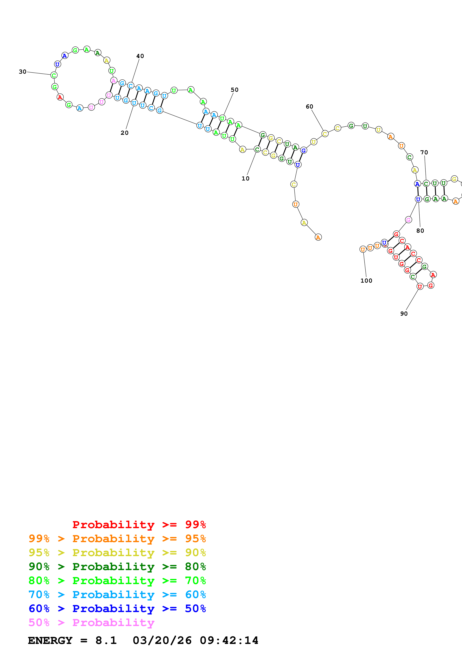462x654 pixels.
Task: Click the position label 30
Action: click(23, 72)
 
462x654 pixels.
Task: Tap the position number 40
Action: click(140, 56)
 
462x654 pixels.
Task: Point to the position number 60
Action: click(309, 106)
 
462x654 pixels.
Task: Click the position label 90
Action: click(404, 314)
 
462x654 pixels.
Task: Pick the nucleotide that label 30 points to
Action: click(54, 75)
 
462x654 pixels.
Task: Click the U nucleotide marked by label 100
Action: click(363, 249)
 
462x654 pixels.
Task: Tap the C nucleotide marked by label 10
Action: click(257, 149)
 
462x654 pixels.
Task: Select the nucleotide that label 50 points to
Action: click(222, 118)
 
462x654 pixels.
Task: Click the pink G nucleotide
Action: click(409, 220)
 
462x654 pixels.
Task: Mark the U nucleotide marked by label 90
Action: click(420, 287)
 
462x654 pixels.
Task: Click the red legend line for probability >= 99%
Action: click(139, 525)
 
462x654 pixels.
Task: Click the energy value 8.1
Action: click(106, 641)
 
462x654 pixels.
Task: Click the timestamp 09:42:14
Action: click(229, 641)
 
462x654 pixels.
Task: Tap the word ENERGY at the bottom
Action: click(50, 641)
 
